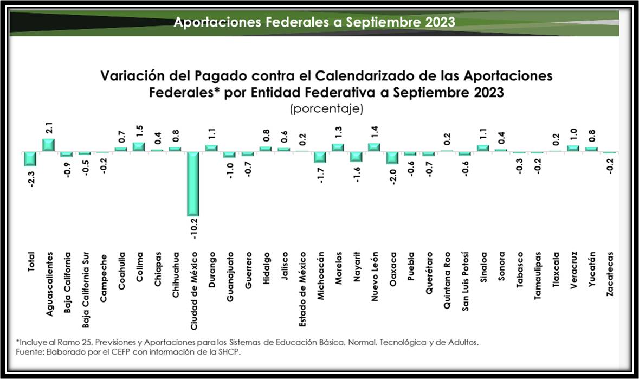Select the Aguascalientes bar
click(x=49, y=145)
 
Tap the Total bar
click(x=30, y=158)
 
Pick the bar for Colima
click(x=139, y=147)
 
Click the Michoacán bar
click(x=320, y=157)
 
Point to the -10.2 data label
click(x=193, y=228)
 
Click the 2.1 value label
click(x=49, y=129)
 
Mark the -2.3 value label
click(x=30, y=177)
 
